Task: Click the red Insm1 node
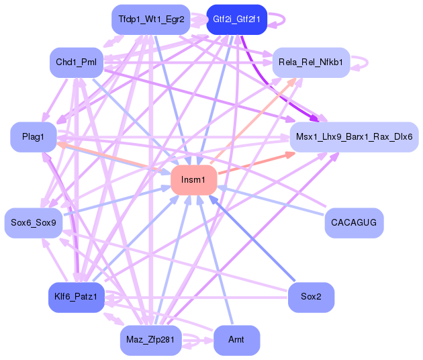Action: (193, 180)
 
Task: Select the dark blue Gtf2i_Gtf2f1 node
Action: (236, 19)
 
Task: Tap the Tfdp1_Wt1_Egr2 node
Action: (150, 19)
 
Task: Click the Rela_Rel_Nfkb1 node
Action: (311, 62)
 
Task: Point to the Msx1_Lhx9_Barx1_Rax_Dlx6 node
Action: (354, 137)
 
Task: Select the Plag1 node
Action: (33, 137)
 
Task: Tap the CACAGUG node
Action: (354, 222)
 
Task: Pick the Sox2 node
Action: (311, 296)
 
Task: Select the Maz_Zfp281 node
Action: (150, 341)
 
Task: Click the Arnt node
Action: (236, 341)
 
